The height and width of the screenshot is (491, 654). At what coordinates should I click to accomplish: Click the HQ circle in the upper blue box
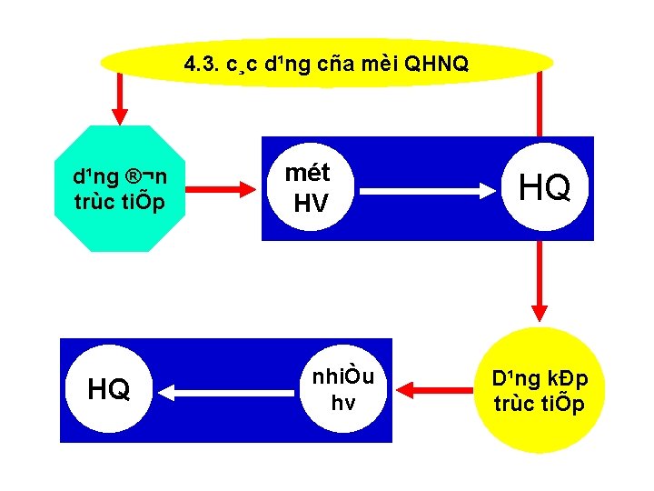tap(544, 188)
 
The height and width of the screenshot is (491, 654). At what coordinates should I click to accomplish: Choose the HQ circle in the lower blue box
tap(108, 390)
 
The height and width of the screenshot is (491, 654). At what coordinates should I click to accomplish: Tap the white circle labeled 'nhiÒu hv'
tap(342, 389)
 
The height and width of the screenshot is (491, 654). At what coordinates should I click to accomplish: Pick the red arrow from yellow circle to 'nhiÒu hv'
tap(431, 390)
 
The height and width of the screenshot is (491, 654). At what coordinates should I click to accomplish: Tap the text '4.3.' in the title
tap(200, 65)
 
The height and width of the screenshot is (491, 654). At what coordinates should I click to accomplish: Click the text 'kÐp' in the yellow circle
tap(567, 378)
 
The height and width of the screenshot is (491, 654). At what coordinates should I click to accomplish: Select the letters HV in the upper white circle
tap(311, 204)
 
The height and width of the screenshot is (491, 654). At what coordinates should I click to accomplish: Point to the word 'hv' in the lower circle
tap(342, 403)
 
